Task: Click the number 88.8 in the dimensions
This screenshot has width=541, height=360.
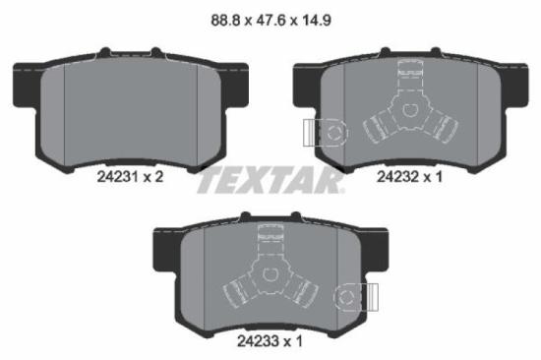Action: [216, 17]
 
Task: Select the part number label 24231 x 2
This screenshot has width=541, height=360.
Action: [130, 177]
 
